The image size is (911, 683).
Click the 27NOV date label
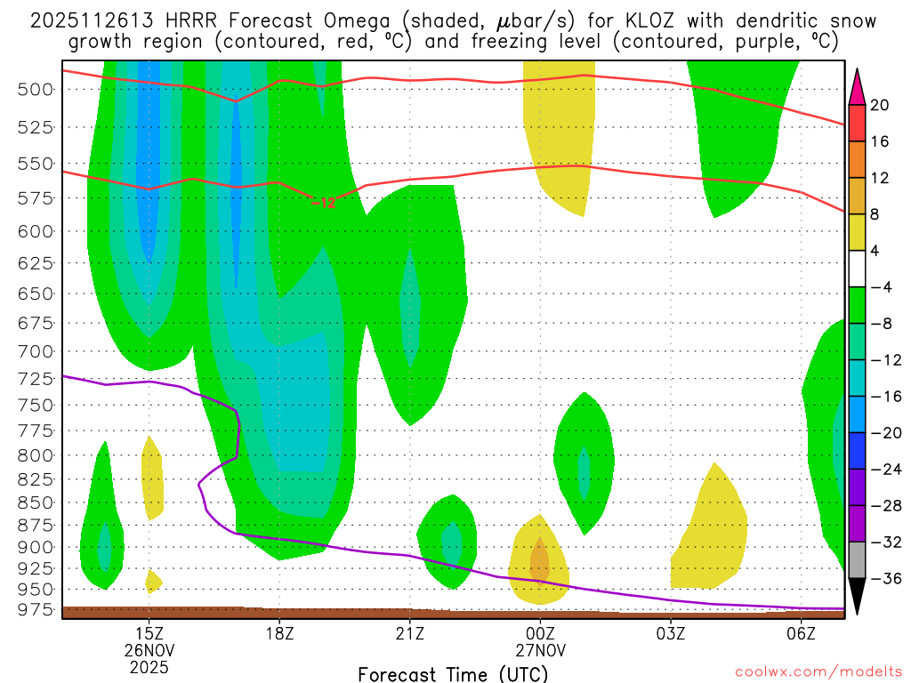540,649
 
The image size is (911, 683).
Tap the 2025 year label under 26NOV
149,665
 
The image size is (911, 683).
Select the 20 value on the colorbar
880,105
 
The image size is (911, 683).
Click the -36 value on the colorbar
883,578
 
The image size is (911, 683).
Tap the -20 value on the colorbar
883,432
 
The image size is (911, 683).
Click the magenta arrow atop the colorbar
857,85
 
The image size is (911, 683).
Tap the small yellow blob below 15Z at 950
153,581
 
